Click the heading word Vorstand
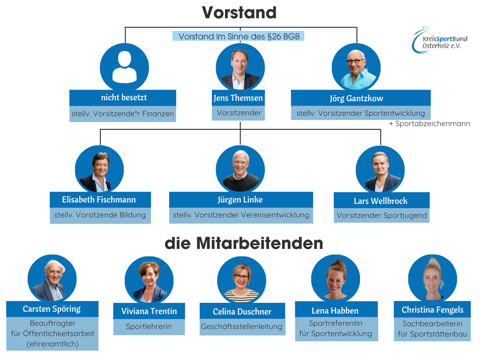(239, 13)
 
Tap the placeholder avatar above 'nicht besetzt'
(124, 67)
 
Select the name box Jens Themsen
(238, 98)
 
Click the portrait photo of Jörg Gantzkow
(356, 67)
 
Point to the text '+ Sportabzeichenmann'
(429, 124)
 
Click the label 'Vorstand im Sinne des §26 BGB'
(239, 36)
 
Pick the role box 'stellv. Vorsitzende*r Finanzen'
(123, 113)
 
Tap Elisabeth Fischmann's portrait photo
(99, 169)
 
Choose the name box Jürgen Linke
(240, 200)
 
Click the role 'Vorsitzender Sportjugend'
(382, 216)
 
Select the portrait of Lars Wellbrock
(380, 169)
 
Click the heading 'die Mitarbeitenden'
(244, 243)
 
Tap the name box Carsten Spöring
(52, 309)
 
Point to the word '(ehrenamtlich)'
(52, 344)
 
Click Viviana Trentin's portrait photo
(149, 280)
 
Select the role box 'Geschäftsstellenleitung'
(241, 326)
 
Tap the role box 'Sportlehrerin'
(149, 327)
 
